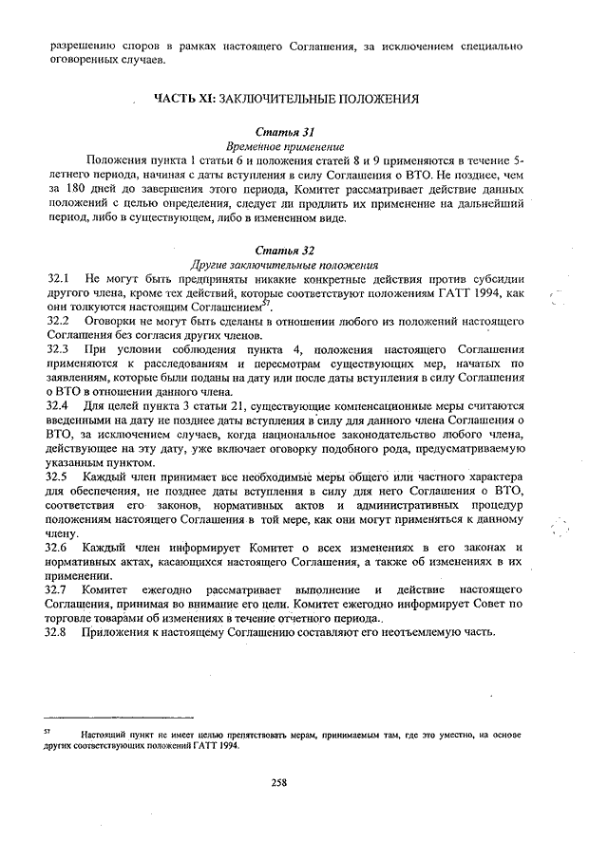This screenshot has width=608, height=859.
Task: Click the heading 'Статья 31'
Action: [286, 133]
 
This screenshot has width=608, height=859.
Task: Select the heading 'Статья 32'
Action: [286, 251]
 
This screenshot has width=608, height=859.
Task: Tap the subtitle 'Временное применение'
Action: [285, 148]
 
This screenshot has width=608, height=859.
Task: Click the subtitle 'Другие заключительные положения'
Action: [285, 266]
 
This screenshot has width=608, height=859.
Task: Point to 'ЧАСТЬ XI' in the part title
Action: [188, 98]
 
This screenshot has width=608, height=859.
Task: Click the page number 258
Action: [279, 782]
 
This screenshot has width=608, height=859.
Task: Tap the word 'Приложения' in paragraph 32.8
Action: [116, 632]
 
